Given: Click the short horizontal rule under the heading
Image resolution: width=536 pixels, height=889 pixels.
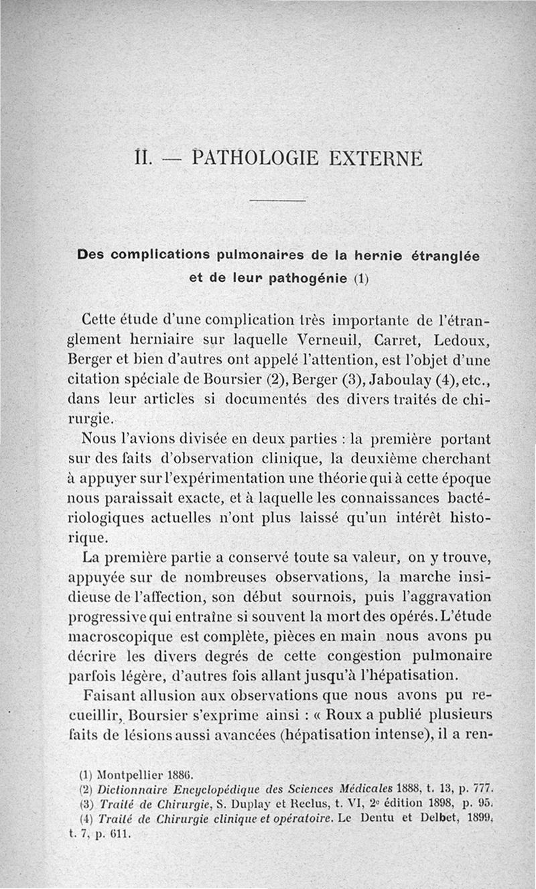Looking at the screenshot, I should click(277, 200).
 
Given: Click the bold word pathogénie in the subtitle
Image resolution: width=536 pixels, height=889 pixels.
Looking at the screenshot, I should click(307, 278).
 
